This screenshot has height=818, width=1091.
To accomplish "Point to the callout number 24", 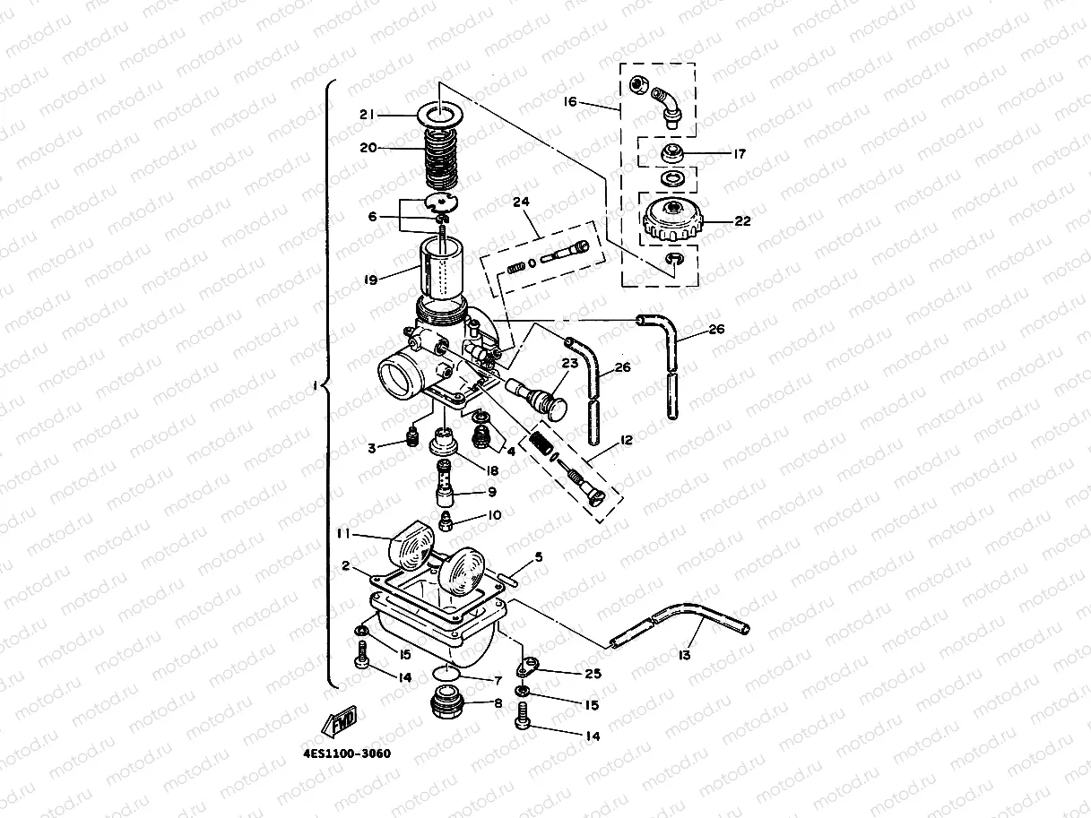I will [521, 202].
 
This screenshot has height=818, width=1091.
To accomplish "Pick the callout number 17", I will [740, 154].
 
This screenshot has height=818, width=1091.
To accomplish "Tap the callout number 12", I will [625, 440].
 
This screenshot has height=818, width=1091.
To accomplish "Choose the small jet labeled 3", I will [411, 438].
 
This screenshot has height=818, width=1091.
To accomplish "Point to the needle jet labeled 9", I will [446, 486].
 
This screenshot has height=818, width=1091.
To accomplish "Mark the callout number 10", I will [494, 516].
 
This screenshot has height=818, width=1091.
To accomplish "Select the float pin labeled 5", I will [515, 578].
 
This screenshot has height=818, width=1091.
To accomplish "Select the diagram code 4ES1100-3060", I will [347, 753].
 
